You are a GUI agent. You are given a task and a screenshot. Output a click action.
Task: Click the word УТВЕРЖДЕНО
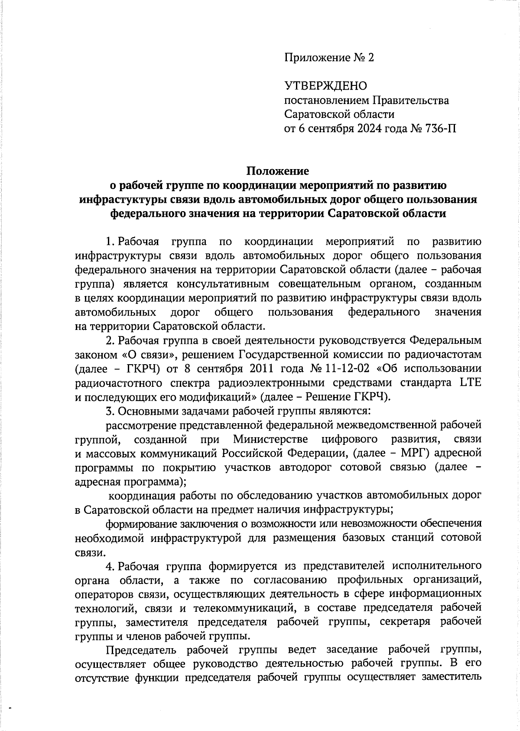point(325,86)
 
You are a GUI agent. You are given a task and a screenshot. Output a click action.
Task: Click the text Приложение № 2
point(329,58)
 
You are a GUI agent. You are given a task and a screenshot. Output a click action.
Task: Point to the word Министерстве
point(270,439)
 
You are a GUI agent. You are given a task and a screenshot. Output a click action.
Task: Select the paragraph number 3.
point(110,411)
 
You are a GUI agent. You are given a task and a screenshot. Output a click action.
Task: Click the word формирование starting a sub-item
point(141,524)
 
